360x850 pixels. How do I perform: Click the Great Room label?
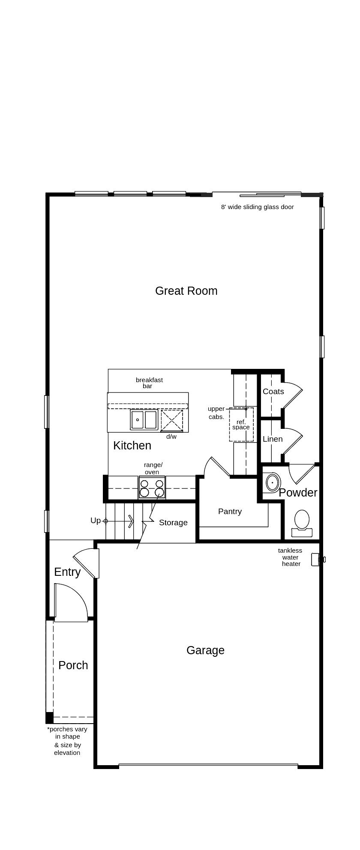point(186,291)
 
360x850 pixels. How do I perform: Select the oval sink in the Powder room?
point(272,482)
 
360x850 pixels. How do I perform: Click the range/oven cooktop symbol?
point(152,488)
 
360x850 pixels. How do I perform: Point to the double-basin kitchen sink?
point(144,419)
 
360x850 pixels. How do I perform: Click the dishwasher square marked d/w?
point(171,421)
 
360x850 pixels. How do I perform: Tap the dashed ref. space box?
point(241,424)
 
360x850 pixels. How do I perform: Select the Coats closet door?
point(292,395)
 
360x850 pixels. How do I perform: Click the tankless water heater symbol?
point(316,560)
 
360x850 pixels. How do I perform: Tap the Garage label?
point(205,650)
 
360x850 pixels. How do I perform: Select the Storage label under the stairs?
point(173,523)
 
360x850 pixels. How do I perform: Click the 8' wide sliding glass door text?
point(257,207)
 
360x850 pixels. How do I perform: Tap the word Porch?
point(73,665)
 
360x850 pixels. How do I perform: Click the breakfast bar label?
point(149,383)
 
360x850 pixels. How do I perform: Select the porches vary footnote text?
point(67,741)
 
